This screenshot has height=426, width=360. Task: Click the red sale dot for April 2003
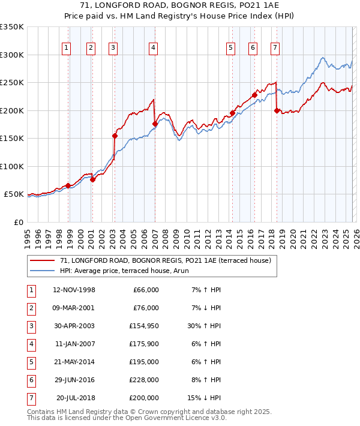coord(115,136)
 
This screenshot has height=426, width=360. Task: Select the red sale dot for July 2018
coord(277,110)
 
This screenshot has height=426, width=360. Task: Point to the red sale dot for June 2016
coord(254,95)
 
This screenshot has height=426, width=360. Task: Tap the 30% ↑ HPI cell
coord(204,327)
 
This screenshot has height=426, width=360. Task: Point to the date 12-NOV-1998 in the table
coord(74,290)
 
